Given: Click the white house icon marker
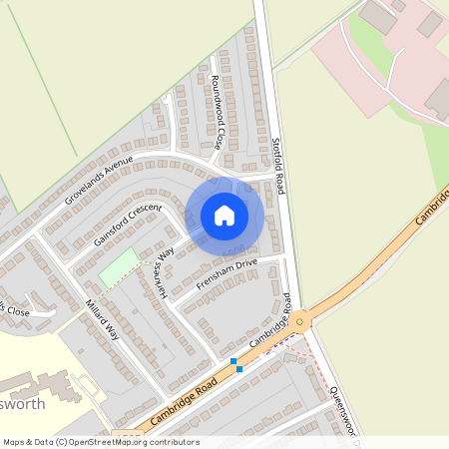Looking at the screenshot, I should coord(224,215).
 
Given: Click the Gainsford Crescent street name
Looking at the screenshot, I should coord(128,225).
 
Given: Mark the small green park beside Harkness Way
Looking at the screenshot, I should coord(119,267).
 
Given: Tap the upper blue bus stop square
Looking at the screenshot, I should coord(233,361).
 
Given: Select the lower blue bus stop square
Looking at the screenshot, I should coord(239,370).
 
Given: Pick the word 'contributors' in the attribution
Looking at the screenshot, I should coord(174,442).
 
